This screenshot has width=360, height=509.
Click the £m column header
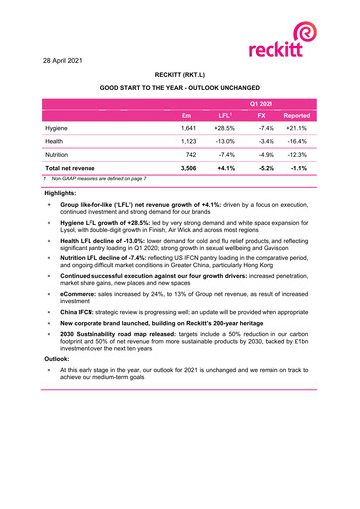[x=186, y=116]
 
